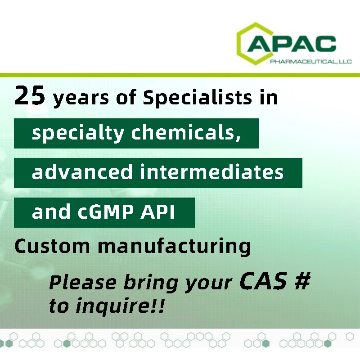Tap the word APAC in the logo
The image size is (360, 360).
point(292,44)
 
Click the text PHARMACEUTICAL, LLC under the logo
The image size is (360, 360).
point(311,62)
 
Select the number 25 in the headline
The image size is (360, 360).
point(30,95)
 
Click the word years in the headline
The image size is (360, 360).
point(81,98)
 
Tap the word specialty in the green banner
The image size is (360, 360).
point(78,134)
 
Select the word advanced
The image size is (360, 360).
point(82,172)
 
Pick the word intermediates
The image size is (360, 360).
point(211,172)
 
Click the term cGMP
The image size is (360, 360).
point(106,211)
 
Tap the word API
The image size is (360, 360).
point(157,211)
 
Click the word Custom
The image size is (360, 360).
point(52,246)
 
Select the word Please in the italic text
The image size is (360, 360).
point(83,283)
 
